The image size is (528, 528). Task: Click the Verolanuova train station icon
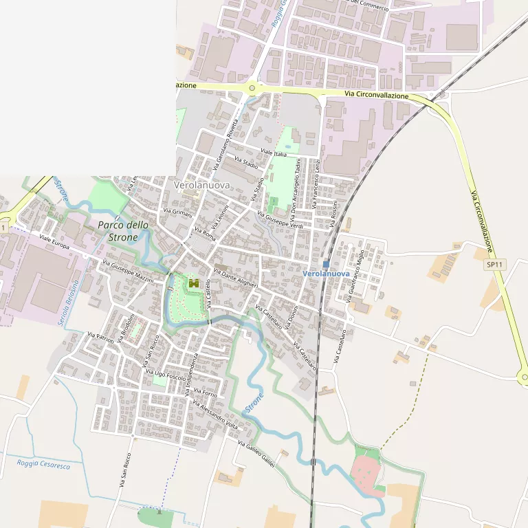[326, 263]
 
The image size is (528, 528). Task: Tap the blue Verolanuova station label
[327, 274]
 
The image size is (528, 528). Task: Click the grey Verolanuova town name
[201, 186]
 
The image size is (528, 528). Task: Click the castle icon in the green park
[193, 283]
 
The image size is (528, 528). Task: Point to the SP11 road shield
[493, 265]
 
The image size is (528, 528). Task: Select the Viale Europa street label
[54, 241]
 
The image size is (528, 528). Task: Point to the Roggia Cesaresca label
[44, 465]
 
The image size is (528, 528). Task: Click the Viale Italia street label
[273, 153]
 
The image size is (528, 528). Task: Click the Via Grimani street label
[177, 213]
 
